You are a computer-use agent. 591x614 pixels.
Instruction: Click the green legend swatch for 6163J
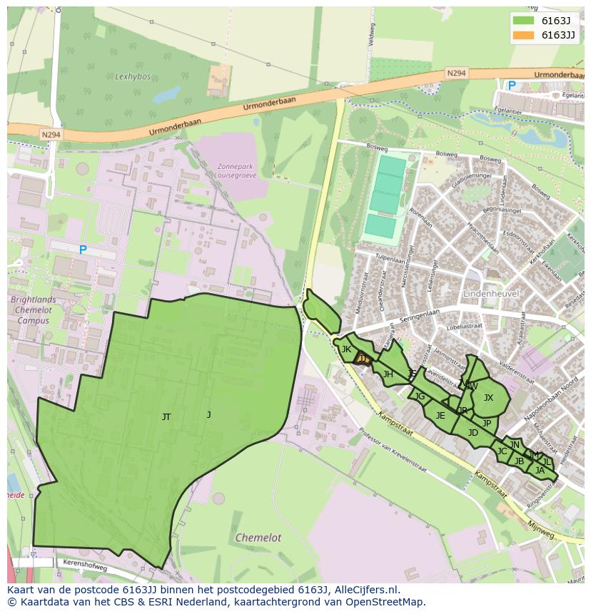coord(523,21)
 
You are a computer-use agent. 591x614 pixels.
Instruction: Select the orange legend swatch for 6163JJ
coord(523,35)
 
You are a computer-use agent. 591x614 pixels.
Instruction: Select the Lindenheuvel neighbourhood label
coord(490,293)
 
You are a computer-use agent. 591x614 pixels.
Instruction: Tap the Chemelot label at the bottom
coord(258,538)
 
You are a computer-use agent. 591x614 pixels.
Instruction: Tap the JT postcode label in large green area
coord(166,417)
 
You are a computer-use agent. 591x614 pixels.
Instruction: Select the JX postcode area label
coord(488,398)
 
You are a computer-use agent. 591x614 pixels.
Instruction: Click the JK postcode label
coord(346,349)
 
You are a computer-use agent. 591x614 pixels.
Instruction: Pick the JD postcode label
coord(473,433)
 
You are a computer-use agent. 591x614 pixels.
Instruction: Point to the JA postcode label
coord(540,470)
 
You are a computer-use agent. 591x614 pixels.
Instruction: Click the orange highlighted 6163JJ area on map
coord(363,359)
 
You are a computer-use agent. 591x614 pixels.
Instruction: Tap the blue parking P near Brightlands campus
coord(83,250)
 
